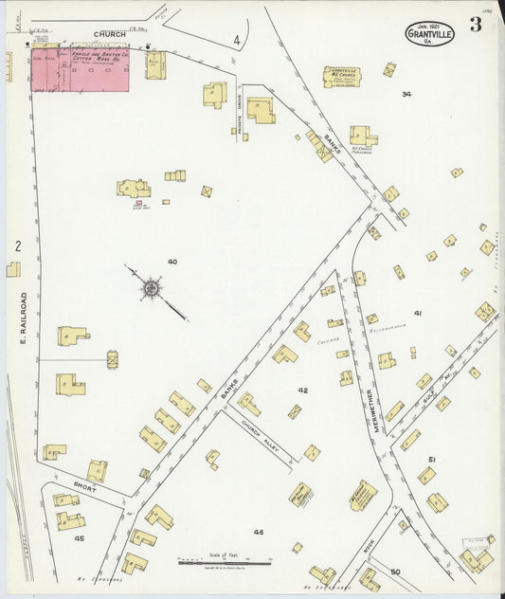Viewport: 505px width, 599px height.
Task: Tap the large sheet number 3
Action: (x=475, y=26)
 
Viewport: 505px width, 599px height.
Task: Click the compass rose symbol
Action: (x=151, y=287)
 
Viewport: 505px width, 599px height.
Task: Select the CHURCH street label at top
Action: (x=108, y=34)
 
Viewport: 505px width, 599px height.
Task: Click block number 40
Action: (x=171, y=261)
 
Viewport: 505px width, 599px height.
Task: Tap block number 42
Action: (x=302, y=390)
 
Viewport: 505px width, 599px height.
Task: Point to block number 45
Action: (x=79, y=538)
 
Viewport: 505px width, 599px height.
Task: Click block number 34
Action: (x=406, y=94)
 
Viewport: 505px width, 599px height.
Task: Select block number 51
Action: (x=431, y=459)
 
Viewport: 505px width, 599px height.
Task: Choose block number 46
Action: (x=258, y=532)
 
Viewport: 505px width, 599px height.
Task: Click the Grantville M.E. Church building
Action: (x=341, y=77)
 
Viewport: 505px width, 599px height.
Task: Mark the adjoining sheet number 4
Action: (x=236, y=41)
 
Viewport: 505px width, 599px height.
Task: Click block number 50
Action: (x=395, y=571)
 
